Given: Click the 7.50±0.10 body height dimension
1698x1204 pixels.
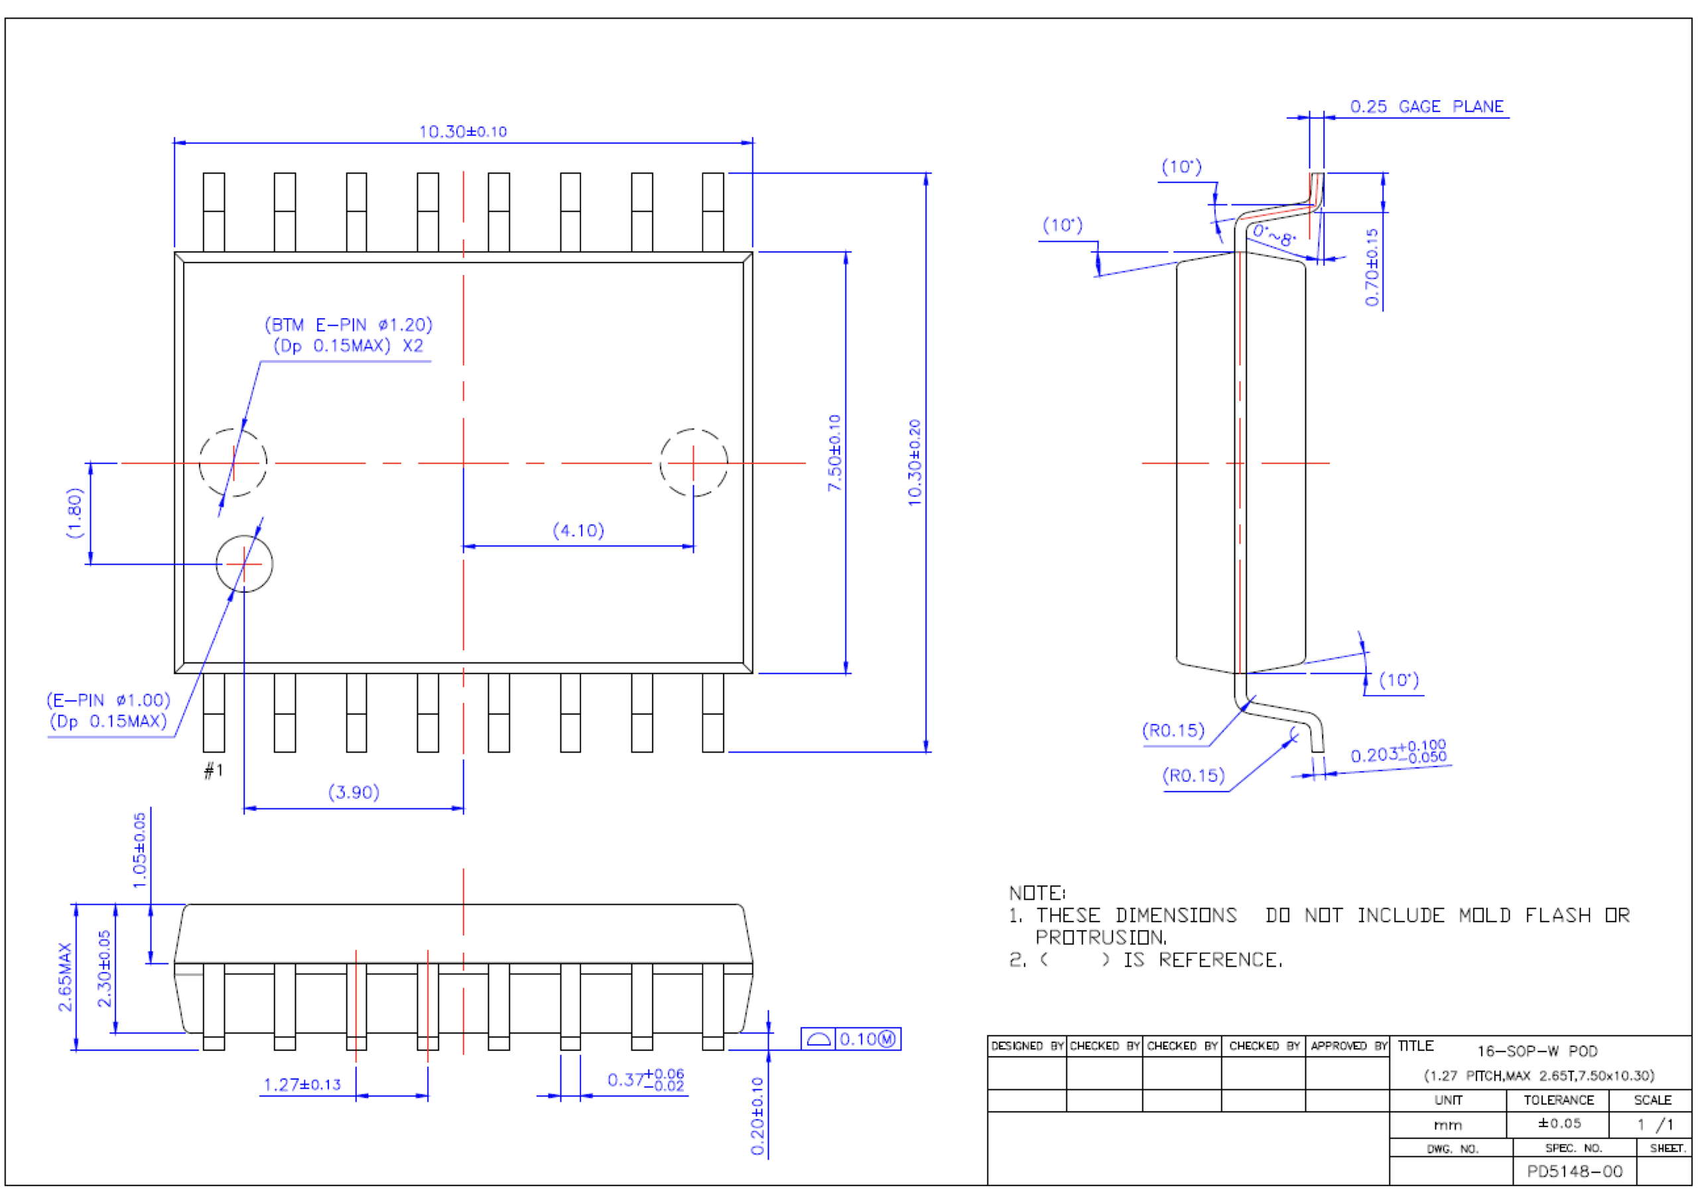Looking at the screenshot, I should (835, 453).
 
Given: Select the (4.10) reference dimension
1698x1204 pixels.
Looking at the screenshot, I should (578, 531).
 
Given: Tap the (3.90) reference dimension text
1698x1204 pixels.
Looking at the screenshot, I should (354, 792).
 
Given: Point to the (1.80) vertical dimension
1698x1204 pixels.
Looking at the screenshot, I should (75, 512).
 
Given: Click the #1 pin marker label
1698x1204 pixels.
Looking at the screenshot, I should (213, 771).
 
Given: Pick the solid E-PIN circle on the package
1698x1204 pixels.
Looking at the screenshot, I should (244, 564).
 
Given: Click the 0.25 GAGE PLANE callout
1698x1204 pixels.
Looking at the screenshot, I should (1426, 107).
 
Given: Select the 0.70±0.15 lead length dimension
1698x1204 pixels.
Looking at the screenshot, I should (1372, 267).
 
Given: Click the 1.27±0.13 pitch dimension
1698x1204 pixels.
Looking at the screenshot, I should (302, 1085).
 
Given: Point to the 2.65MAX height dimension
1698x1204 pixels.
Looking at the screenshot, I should (65, 977).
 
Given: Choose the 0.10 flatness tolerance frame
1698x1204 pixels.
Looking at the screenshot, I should (850, 1039).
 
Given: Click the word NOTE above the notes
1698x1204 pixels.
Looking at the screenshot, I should (1037, 893).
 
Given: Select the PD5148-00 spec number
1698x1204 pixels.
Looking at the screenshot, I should (1574, 1172).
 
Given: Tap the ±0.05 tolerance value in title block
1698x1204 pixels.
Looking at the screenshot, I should (1559, 1124).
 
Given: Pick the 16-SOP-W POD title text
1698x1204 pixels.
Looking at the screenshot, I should (1536, 1052).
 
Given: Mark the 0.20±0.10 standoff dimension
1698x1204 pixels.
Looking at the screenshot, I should (757, 1116).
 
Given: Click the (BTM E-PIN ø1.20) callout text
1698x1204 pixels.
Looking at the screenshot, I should (348, 325).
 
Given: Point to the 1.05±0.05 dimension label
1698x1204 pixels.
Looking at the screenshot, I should (139, 851).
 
